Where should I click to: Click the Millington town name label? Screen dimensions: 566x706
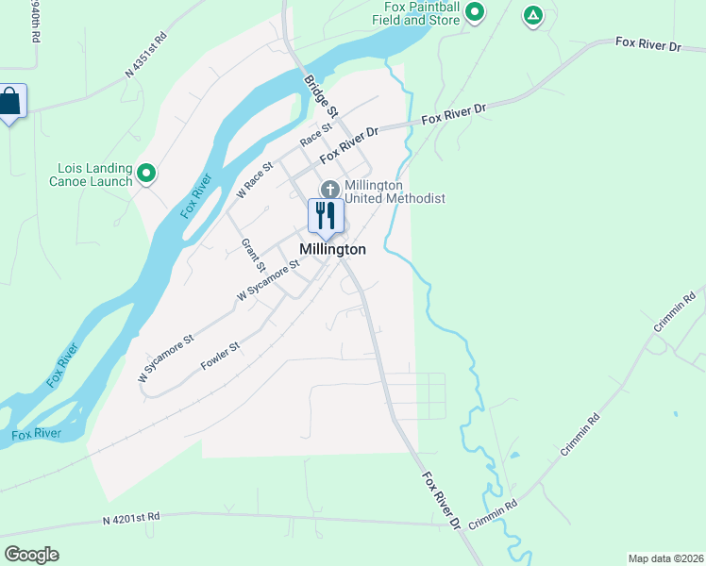click(x=332, y=250)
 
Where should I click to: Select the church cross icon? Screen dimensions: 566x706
click(x=329, y=189)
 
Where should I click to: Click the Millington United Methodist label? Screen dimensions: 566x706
click(x=394, y=191)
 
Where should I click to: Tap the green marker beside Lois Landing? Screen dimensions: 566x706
click(x=146, y=173)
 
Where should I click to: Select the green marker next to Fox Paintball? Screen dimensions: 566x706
click(x=476, y=12)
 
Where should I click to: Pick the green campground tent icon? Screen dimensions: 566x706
click(x=533, y=15)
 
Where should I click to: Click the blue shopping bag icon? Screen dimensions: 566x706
click(x=10, y=102)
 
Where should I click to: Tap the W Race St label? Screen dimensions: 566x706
click(x=255, y=179)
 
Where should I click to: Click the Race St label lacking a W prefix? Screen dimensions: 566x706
click(x=317, y=135)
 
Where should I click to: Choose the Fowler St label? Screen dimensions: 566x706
click(x=221, y=357)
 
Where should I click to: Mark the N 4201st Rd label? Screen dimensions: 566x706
click(x=131, y=517)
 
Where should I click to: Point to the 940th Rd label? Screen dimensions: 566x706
click(x=35, y=21)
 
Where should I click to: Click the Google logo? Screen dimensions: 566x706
click(x=31, y=554)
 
